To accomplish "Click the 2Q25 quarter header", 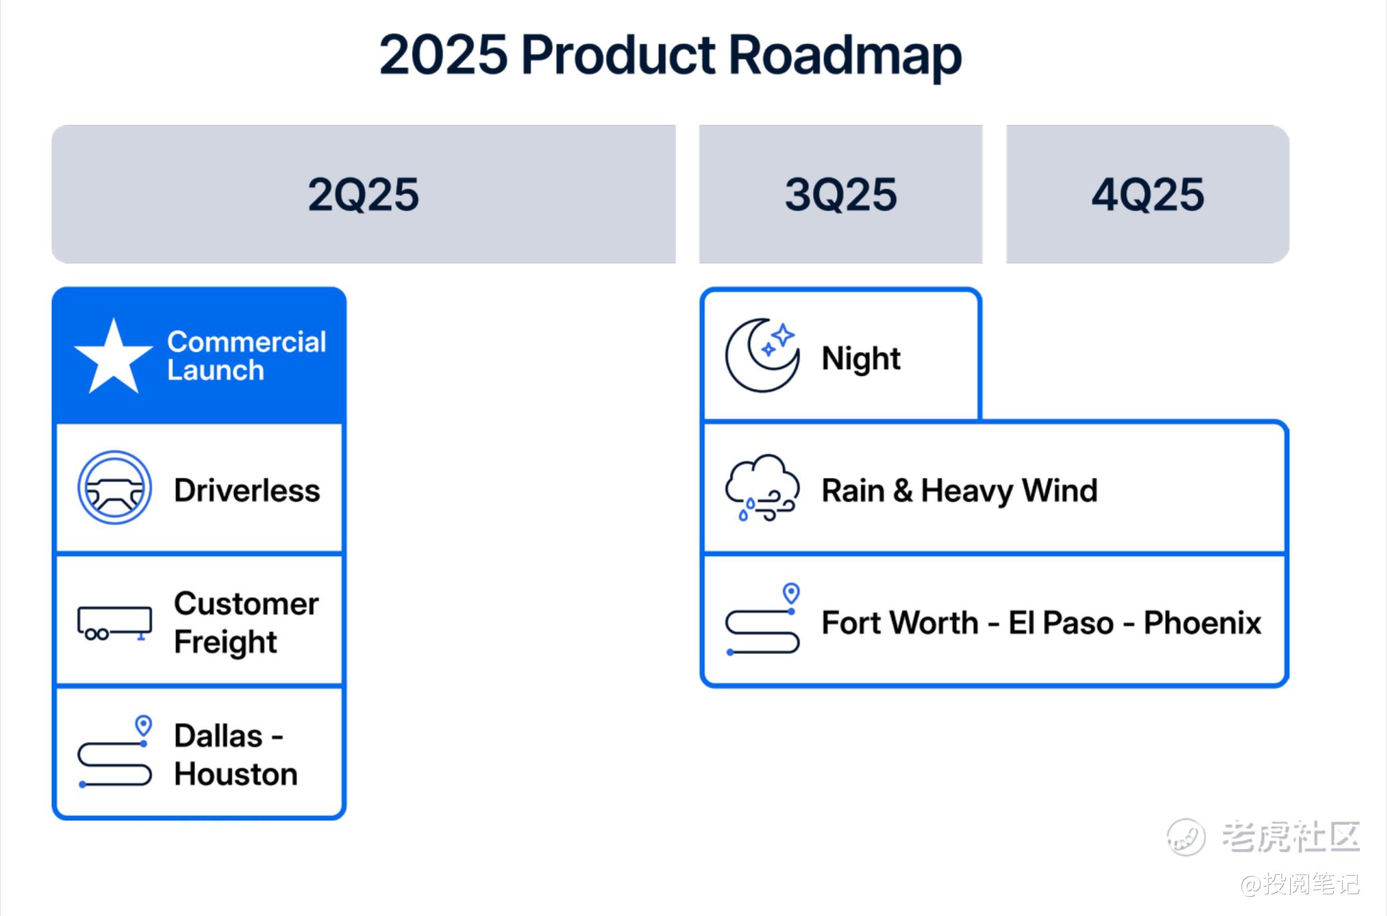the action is pyautogui.click(x=363, y=194).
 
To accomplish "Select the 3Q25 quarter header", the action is pyautogui.click(x=841, y=194).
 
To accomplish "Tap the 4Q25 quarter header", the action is pyautogui.click(x=1148, y=194).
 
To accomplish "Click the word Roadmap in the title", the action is pyautogui.click(x=845, y=55).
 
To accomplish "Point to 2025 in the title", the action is pyautogui.click(x=444, y=55).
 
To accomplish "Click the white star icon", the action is pyautogui.click(x=113, y=357).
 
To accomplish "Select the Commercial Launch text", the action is pyautogui.click(x=247, y=356).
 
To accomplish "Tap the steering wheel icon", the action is pyautogui.click(x=115, y=488).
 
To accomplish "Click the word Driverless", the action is pyautogui.click(x=247, y=490).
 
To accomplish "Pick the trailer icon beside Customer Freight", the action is pyautogui.click(x=115, y=622).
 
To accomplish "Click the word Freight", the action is pyautogui.click(x=225, y=642).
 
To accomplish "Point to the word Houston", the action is pyautogui.click(x=236, y=774).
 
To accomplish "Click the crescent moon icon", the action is pyautogui.click(x=762, y=355).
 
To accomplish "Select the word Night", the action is pyautogui.click(x=861, y=359).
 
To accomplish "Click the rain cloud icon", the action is pyautogui.click(x=762, y=488).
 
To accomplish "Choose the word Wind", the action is pyautogui.click(x=1059, y=490).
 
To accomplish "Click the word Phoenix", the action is pyautogui.click(x=1203, y=623).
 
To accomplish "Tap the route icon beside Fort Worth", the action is pyautogui.click(x=762, y=619).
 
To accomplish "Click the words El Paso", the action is pyautogui.click(x=1061, y=623).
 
